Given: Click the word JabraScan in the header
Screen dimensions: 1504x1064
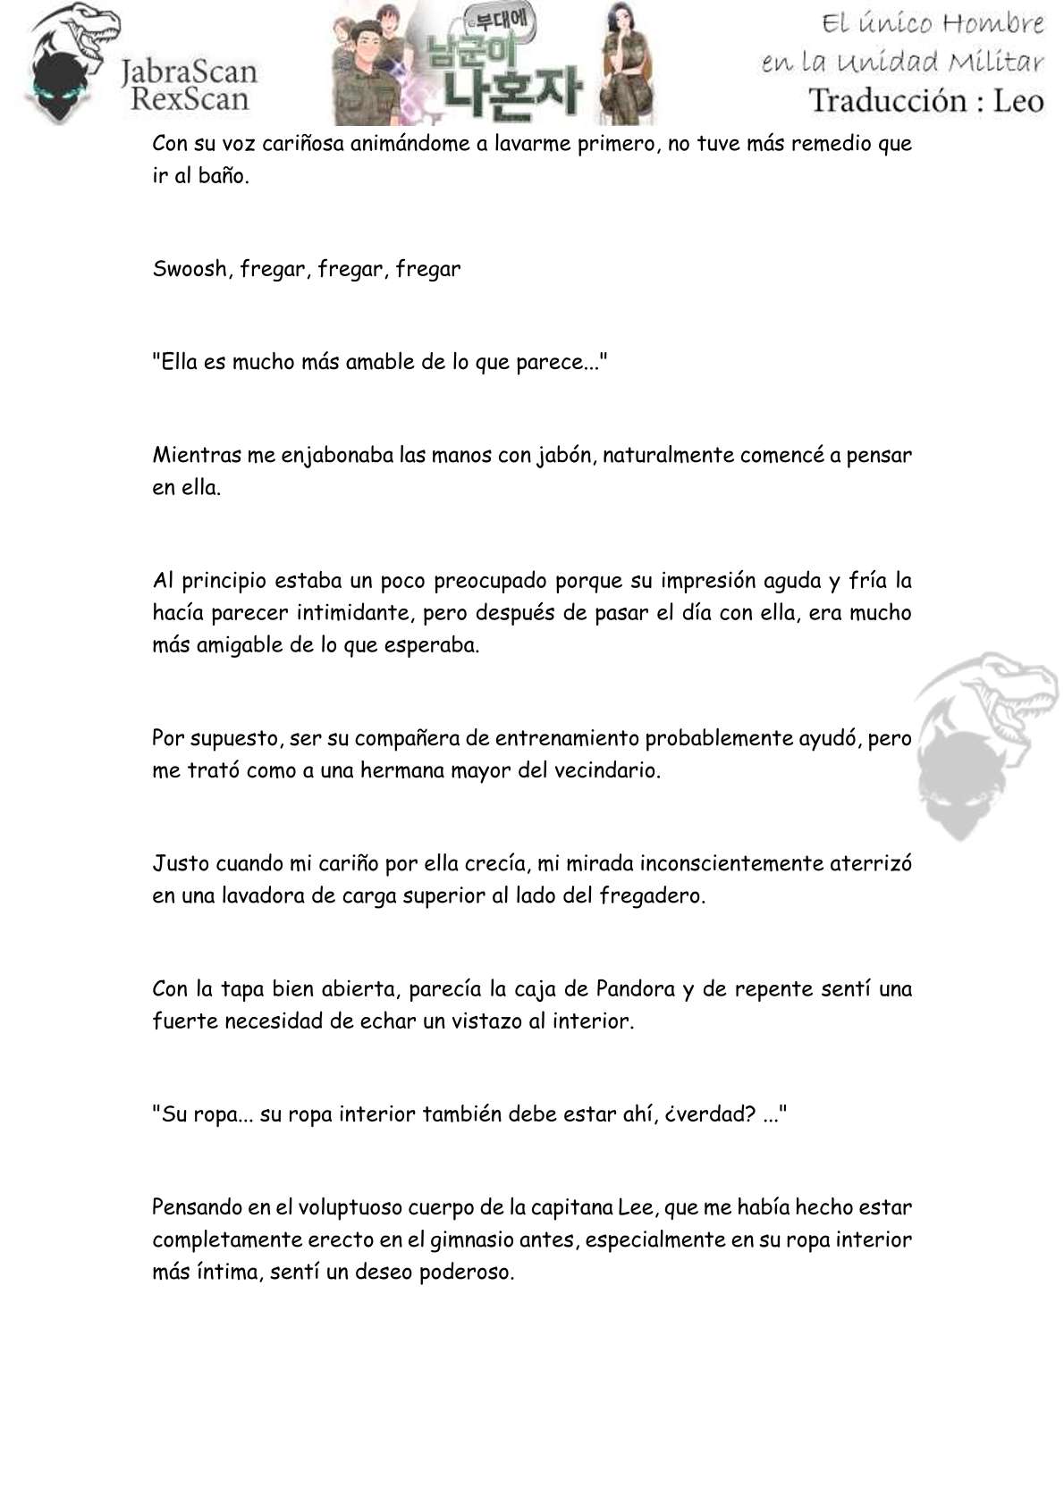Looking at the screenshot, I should (189, 71).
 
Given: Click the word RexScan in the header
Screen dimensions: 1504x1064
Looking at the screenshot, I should (189, 97).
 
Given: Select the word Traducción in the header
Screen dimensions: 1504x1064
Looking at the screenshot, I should (895, 100).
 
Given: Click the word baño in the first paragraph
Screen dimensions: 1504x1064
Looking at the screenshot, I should (223, 175).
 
